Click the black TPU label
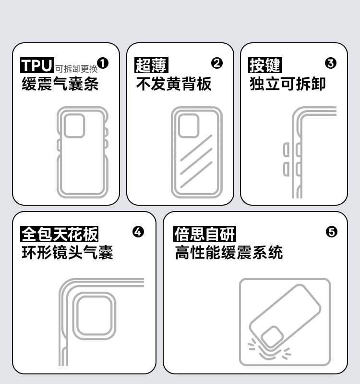point(37,64)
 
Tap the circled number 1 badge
point(103,63)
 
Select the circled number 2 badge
point(217,63)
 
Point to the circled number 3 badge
point(331,63)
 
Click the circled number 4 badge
point(138,232)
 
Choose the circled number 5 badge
point(332,232)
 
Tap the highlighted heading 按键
point(265,65)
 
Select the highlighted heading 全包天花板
point(60,234)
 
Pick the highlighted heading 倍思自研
point(204,234)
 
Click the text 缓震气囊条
point(60,84)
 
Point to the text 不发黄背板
point(174,84)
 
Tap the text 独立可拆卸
point(288,84)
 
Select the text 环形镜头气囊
point(67,252)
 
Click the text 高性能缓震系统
point(228,252)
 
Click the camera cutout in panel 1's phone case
point(75,126)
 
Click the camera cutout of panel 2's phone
point(189,126)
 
